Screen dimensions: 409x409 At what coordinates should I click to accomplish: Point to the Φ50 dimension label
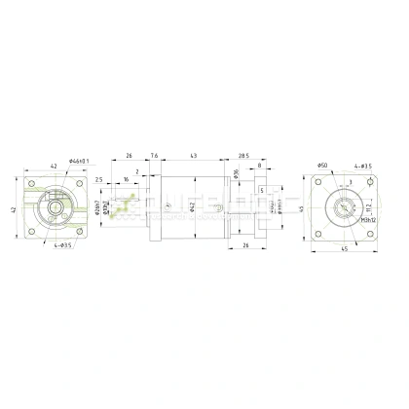(x=324, y=168)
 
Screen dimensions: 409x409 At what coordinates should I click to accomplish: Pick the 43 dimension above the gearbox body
(x=194, y=157)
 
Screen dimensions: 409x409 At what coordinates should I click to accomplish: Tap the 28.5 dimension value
(x=243, y=157)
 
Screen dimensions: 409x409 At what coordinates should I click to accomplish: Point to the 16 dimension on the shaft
(x=126, y=180)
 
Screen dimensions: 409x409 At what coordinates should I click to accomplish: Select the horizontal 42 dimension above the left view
(x=54, y=167)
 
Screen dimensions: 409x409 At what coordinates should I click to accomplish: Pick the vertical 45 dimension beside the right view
(x=305, y=207)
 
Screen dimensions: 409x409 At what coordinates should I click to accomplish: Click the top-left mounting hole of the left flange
(x=31, y=183)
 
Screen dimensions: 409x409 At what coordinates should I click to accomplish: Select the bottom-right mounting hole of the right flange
(x=367, y=234)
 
